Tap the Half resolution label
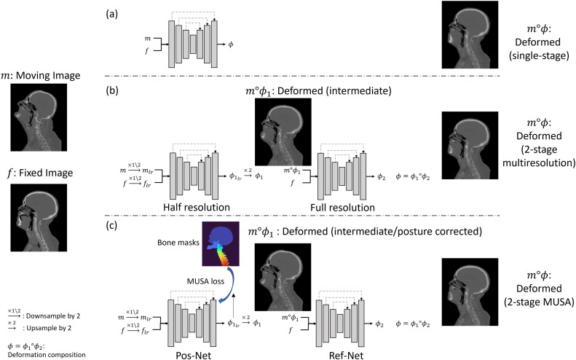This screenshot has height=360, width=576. (194, 208)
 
